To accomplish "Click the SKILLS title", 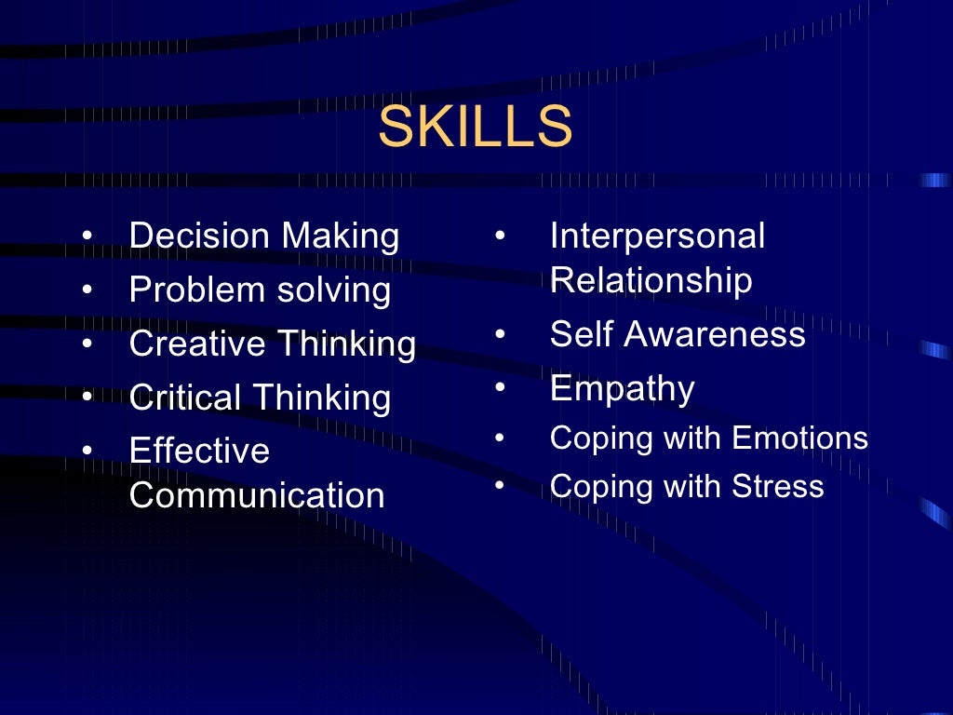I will point(475,127).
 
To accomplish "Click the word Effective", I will point(199,452).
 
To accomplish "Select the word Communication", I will point(257,495).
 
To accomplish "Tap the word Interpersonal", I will point(657,236).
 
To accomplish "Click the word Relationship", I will point(651,280).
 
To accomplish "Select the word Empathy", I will point(622,389).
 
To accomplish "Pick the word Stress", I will point(778,486).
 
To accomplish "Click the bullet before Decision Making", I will point(87,236).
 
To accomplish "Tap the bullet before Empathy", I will point(500,387).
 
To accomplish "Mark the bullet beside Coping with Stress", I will point(500,485).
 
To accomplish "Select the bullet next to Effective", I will point(87,452).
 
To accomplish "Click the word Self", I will point(577,334).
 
